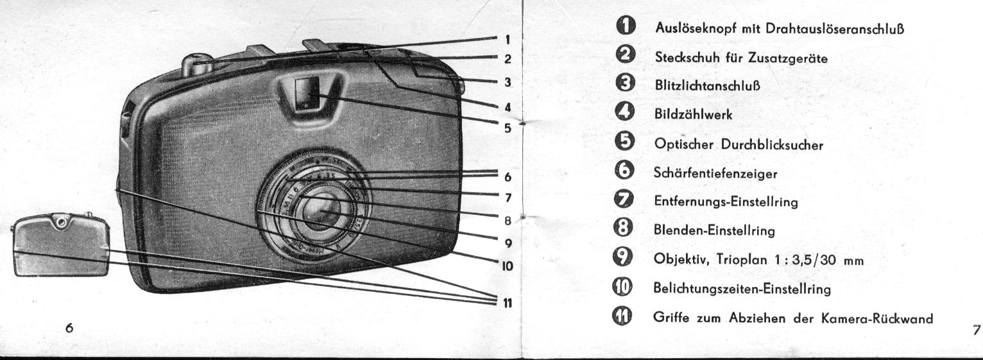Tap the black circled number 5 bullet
click(x=625, y=142)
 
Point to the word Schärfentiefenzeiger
click(x=715, y=173)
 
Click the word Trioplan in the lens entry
click(x=742, y=259)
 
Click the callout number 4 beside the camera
click(x=508, y=107)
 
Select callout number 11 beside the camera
click(x=508, y=303)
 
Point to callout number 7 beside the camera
click(x=508, y=198)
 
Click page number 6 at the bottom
click(x=69, y=328)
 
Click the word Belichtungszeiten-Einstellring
click(x=742, y=289)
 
